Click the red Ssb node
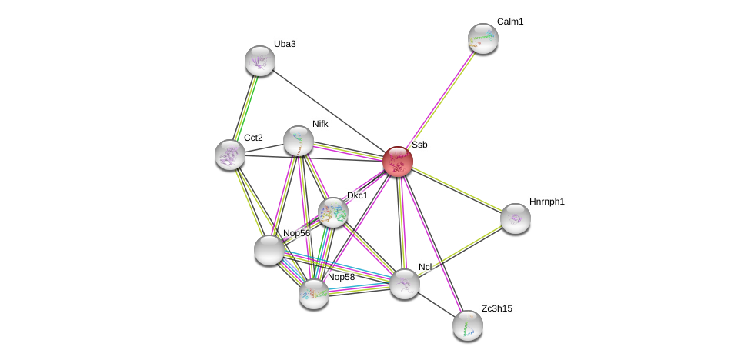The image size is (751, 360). tap(398, 162)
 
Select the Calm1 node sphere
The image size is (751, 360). tap(483, 38)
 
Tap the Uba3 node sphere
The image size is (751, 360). tap(260, 61)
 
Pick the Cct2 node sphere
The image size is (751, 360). tap(230, 155)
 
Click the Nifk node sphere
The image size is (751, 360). tap(299, 141)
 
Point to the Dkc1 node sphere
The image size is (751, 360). tap(333, 212)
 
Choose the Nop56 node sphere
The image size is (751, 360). tap(269, 250)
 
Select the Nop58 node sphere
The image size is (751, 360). tap(314, 293)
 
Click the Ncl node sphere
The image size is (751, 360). tap(405, 284)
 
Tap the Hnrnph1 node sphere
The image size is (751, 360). tap(516, 218)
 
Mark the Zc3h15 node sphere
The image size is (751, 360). tap(468, 325)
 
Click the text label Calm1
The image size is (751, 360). tap(510, 22)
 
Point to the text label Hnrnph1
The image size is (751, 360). tap(547, 202)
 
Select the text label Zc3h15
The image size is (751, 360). tap(497, 308)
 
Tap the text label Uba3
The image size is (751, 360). tap(285, 44)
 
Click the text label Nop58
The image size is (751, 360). tap(342, 277)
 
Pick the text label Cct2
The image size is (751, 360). tap(253, 138)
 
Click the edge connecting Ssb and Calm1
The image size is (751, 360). tap(440, 100)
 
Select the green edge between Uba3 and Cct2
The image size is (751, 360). tap(245, 108)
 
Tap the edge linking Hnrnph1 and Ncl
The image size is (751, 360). tap(460, 252)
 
